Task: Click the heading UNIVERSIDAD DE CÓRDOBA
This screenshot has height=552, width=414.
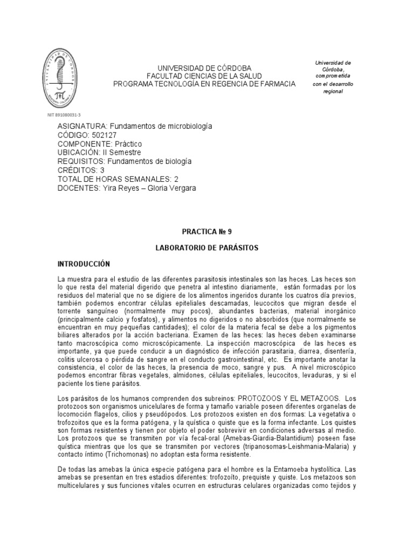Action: (x=204, y=68)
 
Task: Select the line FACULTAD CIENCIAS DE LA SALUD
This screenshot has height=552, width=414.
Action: (x=204, y=76)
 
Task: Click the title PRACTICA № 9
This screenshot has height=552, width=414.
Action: (x=206, y=232)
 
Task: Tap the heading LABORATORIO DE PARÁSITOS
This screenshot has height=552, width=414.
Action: (x=206, y=249)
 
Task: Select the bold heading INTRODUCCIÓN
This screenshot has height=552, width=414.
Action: (x=84, y=264)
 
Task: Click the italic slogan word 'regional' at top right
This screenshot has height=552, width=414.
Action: (x=333, y=92)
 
